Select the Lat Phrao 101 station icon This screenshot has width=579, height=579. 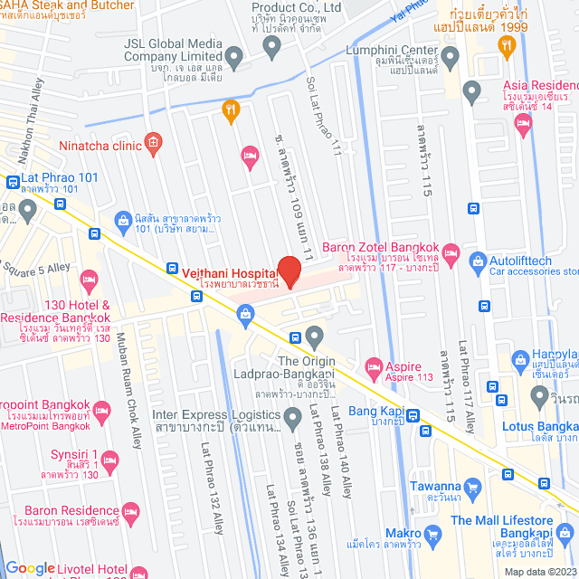12,182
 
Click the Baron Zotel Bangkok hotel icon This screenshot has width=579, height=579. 451,252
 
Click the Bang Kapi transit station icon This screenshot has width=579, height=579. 413,415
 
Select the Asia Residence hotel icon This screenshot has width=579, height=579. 524,128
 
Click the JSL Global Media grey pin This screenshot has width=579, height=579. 233,60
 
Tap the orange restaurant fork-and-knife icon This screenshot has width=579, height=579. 231,111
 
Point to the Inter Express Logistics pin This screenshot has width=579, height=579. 292,418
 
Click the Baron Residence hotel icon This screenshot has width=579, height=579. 130,512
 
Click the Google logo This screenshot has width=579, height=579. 30,569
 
